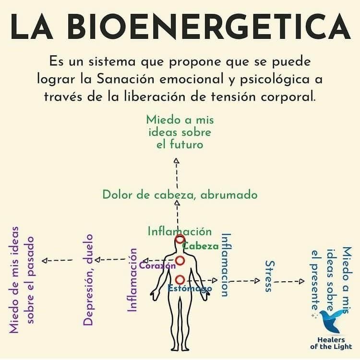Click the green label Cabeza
point(201,246)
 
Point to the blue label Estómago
point(190,289)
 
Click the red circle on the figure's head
point(180,240)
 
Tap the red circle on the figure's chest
point(180,261)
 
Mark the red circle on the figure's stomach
point(180,279)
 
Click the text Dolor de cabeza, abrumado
point(180,195)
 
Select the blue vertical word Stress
point(269,276)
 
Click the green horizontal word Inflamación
point(180,231)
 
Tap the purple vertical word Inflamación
point(132,280)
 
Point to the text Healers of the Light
point(331,342)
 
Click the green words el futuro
point(180,144)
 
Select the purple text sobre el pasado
point(31,279)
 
